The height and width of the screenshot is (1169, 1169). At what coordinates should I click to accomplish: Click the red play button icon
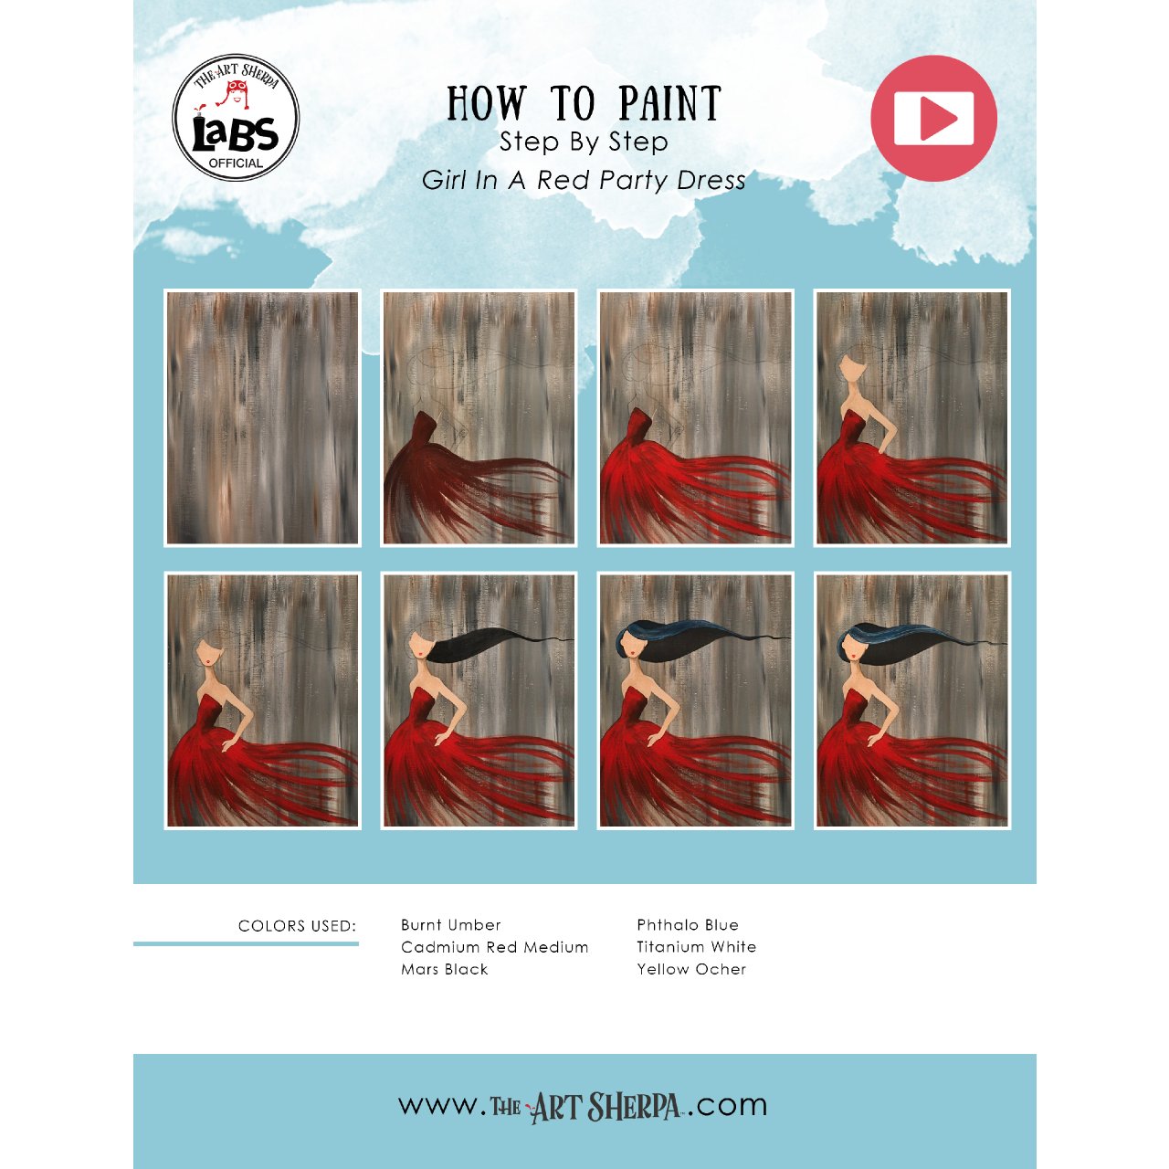coord(933,119)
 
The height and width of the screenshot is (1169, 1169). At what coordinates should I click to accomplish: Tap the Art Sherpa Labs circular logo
coord(236,118)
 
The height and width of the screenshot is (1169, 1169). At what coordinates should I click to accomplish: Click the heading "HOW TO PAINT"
coord(584,104)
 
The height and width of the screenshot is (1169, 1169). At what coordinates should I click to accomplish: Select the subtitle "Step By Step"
coord(584,142)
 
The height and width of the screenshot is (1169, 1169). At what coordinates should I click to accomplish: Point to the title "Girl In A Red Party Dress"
coord(584,180)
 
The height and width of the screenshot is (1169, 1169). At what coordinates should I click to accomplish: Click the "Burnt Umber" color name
coord(451,925)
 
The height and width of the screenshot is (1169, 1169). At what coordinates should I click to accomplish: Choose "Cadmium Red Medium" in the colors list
coord(494,947)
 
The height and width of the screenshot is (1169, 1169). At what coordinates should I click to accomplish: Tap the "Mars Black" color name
coord(445,969)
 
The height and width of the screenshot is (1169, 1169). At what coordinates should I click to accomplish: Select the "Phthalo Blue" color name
coord(688,925)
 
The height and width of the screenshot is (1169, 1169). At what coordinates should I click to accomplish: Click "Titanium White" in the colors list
coord(697,947)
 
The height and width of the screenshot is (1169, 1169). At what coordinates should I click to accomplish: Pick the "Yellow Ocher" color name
coord(691,969)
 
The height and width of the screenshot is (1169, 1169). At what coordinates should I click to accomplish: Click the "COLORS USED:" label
coord(297,926)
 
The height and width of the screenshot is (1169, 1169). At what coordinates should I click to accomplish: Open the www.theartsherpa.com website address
coord(584,1106)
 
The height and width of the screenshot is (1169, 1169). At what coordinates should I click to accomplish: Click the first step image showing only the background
coord(263,418)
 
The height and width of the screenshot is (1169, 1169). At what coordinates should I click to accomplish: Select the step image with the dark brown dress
coord(479,418)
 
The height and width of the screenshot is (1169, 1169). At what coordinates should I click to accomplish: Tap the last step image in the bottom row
coord(911,700)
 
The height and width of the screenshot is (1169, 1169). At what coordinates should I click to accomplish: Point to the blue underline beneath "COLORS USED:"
coord(246,943)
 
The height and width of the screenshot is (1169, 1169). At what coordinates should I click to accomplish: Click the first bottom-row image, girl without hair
coord(263,700)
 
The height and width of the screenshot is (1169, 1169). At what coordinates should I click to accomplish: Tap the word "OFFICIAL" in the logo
coord(236,163)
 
